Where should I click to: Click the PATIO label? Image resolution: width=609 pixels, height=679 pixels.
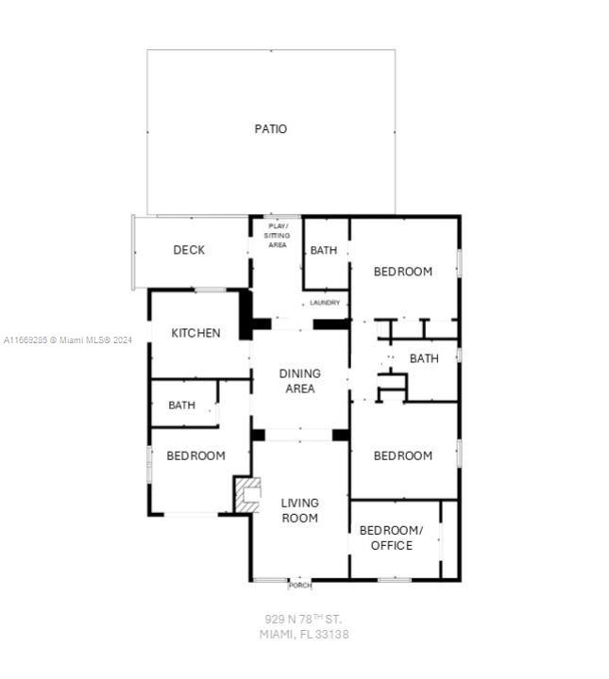270,129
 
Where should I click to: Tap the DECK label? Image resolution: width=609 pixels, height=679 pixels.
189,250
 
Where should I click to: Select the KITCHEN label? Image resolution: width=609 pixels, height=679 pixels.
196,333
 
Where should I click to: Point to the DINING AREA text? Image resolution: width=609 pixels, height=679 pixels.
300,381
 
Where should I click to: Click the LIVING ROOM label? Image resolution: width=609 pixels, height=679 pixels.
300,510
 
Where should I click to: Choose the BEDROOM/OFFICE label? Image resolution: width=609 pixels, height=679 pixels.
392,538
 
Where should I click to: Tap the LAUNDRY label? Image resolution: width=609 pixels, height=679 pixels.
325,303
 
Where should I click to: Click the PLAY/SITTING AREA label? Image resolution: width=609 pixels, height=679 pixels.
278,236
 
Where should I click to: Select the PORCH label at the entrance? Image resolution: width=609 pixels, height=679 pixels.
300,586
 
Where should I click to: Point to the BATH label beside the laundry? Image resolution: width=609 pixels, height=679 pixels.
324,250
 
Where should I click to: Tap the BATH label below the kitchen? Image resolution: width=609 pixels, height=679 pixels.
181,406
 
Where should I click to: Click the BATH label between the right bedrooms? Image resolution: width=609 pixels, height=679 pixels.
424,358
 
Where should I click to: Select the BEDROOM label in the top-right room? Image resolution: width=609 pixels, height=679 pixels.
403,272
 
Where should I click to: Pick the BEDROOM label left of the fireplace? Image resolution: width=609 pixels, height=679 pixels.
196,455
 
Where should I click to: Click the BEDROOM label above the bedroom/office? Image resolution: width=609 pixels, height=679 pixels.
403,455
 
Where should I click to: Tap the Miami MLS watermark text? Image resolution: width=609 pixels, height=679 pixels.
68,340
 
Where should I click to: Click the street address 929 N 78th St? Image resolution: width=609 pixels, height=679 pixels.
303,619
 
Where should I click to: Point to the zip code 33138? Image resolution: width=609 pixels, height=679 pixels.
332,635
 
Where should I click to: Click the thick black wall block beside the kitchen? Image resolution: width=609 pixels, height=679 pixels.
245,315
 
